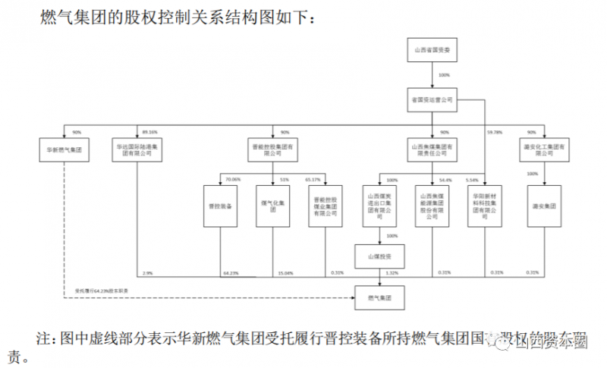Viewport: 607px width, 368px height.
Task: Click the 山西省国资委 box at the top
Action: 432,51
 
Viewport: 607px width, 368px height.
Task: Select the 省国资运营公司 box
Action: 432,99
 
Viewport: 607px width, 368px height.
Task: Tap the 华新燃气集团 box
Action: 63,149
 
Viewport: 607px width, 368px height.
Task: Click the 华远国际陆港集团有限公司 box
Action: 137,149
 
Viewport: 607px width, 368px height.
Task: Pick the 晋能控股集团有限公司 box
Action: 272,149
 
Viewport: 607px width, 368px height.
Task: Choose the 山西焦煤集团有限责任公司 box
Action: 432,149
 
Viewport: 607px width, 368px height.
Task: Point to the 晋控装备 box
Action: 220,206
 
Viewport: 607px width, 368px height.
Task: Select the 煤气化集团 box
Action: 272,206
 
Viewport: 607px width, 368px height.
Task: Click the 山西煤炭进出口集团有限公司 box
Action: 381,206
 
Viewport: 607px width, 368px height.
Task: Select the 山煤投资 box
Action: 381,256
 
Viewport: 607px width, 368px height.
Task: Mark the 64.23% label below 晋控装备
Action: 231,272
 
